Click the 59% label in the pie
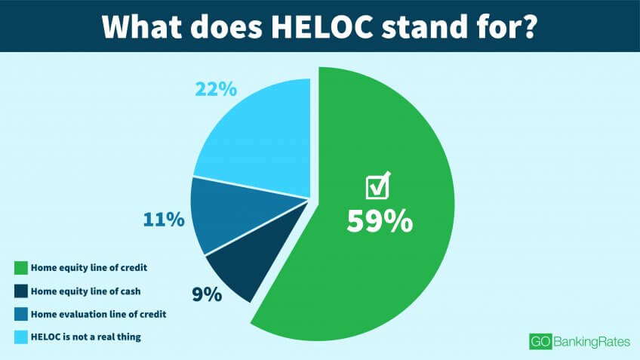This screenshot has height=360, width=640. tap(380, 221)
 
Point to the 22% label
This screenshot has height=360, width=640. tap(216, 89)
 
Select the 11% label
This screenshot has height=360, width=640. tap(164, 220)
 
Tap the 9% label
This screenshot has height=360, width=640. tap(207, 294)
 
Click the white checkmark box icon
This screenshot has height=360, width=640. tap(378, 186)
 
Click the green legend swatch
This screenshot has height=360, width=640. tap(21, 268)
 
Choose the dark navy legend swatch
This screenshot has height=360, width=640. tap(21, 291)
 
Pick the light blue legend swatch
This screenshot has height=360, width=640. tap(21, 337)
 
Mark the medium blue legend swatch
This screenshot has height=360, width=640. tap(21, 314)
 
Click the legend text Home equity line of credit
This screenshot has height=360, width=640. tap(89, 268)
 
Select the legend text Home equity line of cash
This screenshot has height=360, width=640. tap(86, 291)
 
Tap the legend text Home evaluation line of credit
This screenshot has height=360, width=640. tap(99, 314)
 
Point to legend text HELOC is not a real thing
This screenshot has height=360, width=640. tap(86, 337)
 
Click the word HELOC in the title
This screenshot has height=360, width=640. tap(322, 26)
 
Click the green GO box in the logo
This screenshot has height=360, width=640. tap(541, 342)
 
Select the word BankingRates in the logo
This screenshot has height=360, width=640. tap(592, 342)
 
